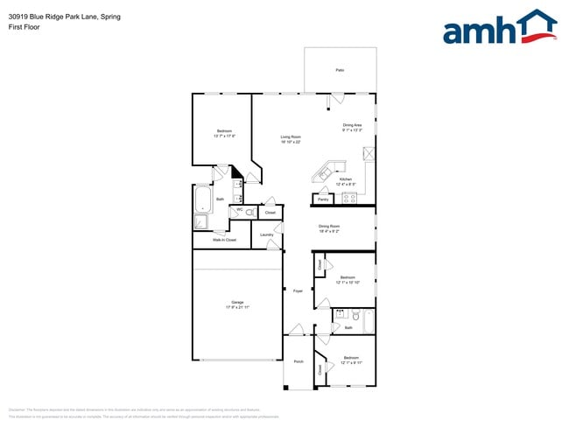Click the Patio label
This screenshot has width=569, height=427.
340,70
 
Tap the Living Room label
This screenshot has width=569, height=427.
291,137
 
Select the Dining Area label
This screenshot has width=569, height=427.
352,125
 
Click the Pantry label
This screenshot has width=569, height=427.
322,199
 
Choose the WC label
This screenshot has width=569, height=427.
239,209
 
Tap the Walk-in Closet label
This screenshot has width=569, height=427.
225,239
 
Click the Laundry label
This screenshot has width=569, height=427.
267,234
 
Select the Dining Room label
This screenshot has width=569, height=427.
329,226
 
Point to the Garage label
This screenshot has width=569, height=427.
237,303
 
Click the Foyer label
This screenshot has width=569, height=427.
298,290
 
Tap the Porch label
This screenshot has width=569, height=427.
299,361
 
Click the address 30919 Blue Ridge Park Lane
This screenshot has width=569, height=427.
62,16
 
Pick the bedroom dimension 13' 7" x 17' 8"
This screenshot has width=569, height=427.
224,136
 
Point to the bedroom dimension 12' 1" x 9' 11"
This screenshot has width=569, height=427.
351,363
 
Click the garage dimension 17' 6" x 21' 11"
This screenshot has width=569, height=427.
237,308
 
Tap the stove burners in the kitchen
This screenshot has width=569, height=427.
350,199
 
